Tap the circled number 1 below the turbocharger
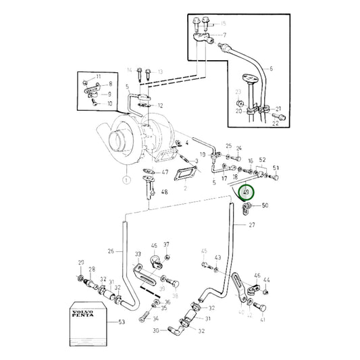click(x=125, y=180)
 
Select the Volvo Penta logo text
click(x=82, y=315)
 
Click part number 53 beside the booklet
click(x=122, y=322)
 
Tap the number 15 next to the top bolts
click(x=224, y=23)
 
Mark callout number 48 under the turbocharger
click(x=165, y=192)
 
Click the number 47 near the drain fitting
click(x=165, y=172)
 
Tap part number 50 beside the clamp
click(x=264, y=205)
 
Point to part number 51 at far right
click(x=276, y=169)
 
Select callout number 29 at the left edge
click(x=82, y=262)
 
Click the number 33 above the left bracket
click(x=138, y=255)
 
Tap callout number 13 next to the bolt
click(x=160, y=71)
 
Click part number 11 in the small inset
click(x=98, y=77)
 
